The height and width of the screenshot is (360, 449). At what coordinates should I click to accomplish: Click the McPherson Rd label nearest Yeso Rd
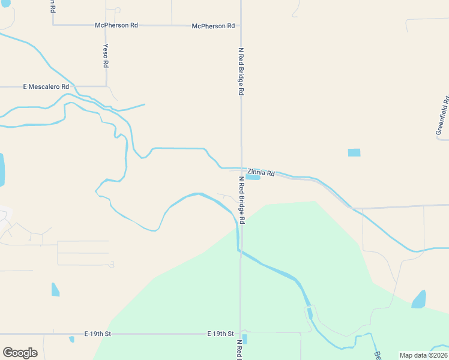point(116,25)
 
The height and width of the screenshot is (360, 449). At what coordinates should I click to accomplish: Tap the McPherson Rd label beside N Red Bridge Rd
point(213,26)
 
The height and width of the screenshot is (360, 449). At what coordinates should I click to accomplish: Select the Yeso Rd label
point(106,55)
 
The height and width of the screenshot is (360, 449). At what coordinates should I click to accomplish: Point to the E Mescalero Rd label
point(46,87)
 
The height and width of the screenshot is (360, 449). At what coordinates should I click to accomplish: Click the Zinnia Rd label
point(261,172)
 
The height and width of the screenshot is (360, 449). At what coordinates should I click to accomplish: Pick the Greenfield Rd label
point(442,115)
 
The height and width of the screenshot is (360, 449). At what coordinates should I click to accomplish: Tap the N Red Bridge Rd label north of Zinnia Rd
point(241,72)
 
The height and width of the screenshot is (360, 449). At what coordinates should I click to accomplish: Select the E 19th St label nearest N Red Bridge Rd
point(220,333)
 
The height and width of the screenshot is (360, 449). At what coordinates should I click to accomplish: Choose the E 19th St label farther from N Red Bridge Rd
point(98,333)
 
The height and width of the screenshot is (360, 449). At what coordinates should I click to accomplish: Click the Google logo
point(20,353)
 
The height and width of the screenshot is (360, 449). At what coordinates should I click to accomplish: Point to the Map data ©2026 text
point(423,355)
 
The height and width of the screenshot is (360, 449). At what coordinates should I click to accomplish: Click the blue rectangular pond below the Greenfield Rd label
point(354,152)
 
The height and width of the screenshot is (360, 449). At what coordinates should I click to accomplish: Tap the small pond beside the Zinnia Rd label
point(253,177)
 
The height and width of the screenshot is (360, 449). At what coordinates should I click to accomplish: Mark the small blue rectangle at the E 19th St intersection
point(245,339)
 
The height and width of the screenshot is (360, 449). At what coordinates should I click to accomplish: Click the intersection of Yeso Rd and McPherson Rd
point(106,25)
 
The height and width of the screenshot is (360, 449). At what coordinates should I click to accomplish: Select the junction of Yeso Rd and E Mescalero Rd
point(106,87)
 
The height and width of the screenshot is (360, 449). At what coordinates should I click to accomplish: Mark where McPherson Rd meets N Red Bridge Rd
point(241,26)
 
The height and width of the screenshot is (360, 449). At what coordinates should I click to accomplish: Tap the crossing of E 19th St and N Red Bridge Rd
point(241,332)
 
